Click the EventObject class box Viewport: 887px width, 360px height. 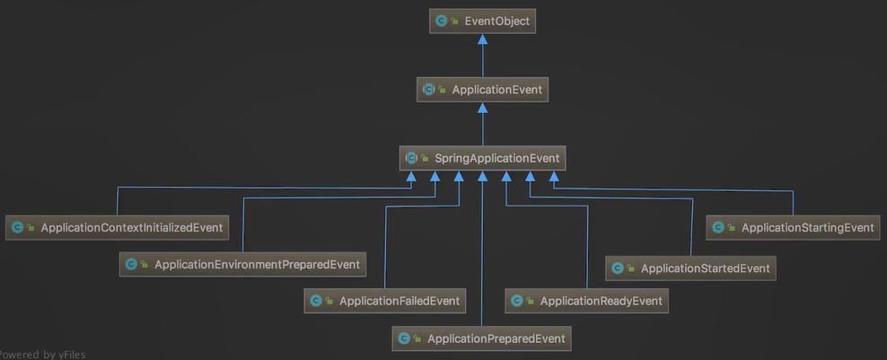pos(482,21)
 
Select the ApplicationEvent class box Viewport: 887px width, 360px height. pos(482,90)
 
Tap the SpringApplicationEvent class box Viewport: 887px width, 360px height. pos(482,158)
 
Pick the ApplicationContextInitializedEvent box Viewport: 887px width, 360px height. pos(116,227)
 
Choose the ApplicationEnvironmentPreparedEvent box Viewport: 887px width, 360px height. pos(242,264)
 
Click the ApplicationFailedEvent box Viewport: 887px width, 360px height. pos(385,301)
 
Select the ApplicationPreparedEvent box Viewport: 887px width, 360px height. pos(482,338)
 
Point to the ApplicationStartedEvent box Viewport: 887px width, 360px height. pos(690,268)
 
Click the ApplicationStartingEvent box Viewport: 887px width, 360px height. pos(793,227)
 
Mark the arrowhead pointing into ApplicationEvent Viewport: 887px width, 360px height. pos(482,108)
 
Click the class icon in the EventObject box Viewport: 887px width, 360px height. pos(441,21)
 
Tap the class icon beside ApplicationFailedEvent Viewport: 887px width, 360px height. pos(315,302)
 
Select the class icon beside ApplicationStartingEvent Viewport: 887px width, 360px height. pos(717,228)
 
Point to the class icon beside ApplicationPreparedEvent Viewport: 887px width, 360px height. pos(403,338)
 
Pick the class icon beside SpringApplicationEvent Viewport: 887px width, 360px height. pos(411,158)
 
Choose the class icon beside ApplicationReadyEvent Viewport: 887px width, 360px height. pos(516,302)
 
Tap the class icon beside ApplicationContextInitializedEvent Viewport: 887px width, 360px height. pos(17,228)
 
